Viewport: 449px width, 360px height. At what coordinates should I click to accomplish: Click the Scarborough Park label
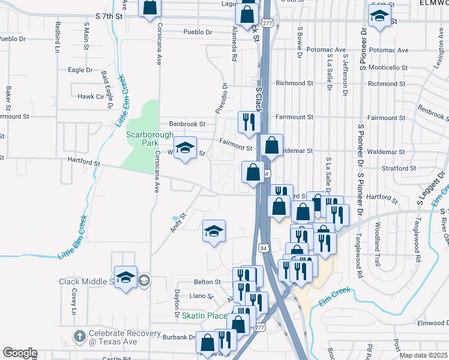click(142, 139)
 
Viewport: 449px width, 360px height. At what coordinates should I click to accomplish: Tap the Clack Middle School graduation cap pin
click(126, 277)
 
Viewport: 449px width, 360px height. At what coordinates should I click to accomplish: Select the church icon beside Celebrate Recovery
click(79, 336)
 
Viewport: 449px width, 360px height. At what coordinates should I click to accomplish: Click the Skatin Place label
click(206, 316)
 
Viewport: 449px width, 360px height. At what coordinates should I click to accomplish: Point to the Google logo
click(20, 353)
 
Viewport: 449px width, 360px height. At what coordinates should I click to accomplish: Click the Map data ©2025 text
click(423, 355)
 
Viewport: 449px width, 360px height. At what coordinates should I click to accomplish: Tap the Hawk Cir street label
click(91, 96)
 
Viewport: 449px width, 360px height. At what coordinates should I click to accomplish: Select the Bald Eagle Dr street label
click(107, 89)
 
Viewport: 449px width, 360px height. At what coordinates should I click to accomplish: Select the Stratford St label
click(399, 169)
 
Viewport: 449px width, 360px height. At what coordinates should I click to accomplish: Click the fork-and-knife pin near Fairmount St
click(248, 122)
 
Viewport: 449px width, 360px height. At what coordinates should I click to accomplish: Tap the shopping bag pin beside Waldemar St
click(271, 145)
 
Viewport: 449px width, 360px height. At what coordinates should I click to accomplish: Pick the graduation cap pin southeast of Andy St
click(214, 231)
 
